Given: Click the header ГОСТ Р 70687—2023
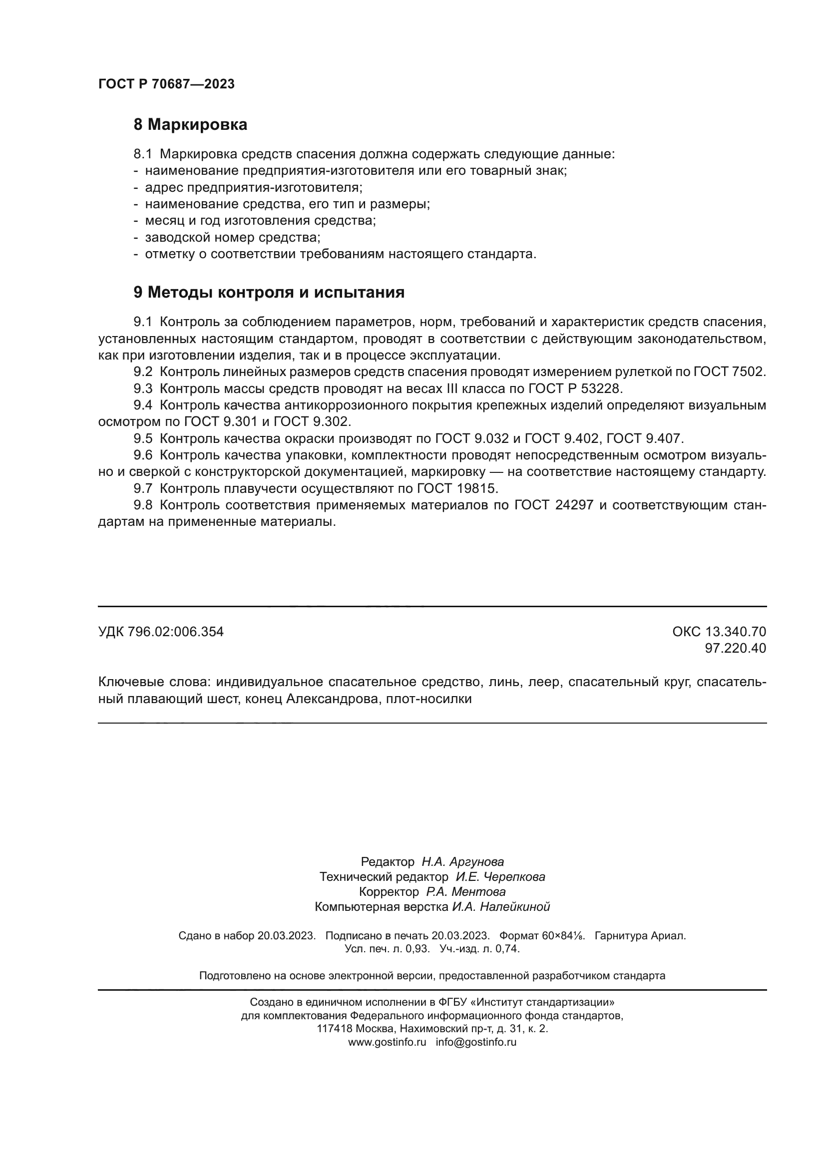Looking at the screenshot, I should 166,84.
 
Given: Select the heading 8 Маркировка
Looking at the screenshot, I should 190,125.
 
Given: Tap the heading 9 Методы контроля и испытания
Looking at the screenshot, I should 269,293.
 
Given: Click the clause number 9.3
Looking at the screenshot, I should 143,389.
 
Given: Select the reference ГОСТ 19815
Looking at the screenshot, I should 457,488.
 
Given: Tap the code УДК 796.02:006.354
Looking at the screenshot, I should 161,632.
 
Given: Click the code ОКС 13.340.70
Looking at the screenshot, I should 719,632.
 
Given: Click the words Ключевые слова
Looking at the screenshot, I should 153,682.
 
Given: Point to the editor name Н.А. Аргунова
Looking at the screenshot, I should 462,862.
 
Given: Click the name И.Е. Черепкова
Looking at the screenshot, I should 500,877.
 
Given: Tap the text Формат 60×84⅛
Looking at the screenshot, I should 542,936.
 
